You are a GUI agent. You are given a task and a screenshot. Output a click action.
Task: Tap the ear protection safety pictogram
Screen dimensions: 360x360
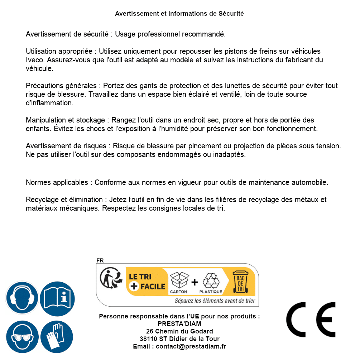22,298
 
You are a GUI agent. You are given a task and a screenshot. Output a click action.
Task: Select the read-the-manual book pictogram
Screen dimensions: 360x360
57,298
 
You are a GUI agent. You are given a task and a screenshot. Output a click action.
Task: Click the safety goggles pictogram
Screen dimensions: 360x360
22,337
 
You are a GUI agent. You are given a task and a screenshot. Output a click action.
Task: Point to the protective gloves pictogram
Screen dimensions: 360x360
57,337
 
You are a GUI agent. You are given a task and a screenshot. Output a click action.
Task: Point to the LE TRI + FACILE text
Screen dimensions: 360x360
147,281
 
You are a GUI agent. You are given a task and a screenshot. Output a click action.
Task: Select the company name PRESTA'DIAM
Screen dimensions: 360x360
179,324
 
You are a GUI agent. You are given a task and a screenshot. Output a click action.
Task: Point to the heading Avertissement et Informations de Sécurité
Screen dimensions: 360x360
179,14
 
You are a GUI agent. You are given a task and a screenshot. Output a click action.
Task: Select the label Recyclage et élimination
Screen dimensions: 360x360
65,200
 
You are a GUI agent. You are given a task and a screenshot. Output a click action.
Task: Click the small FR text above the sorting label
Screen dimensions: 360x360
100,260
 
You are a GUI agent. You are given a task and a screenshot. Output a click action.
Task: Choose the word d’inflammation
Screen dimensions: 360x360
49,103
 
